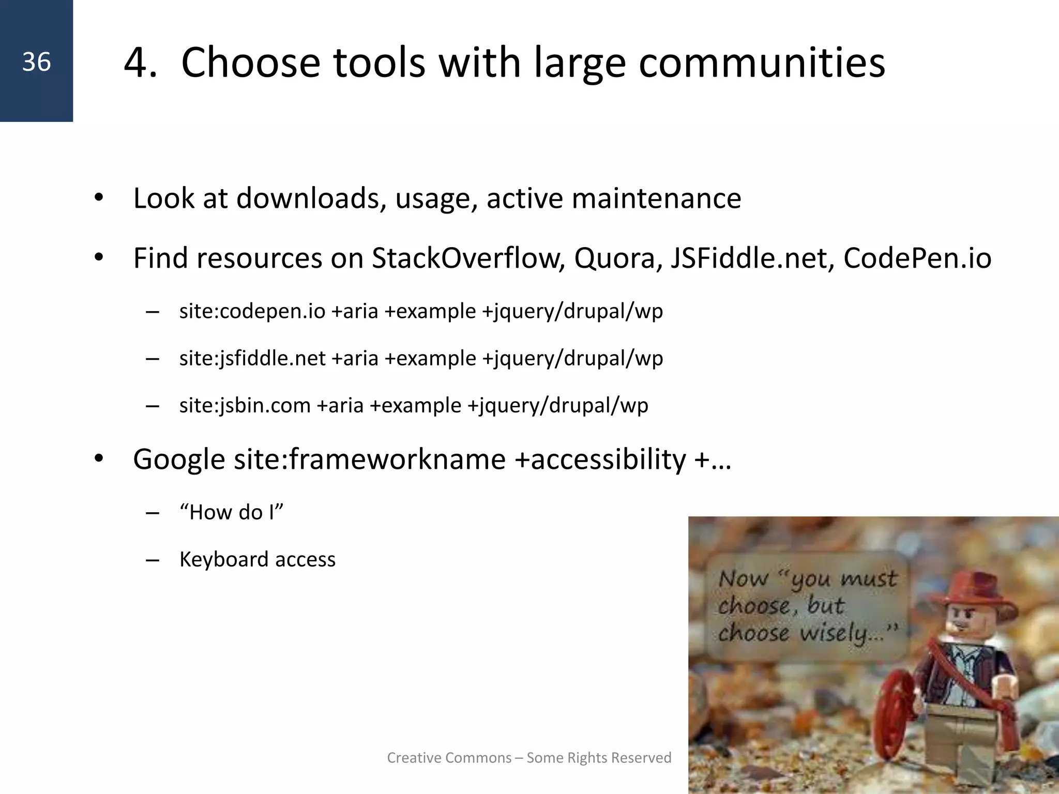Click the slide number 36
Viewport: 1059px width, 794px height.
click(36, 62)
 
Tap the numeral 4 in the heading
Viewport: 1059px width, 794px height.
click(139, 63)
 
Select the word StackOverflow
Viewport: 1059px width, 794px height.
click(468, 258)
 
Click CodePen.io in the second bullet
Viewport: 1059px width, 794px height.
click(917, 258)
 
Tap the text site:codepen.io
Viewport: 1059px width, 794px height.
click(252, 311)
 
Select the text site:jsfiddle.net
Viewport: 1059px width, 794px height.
click(252, 358)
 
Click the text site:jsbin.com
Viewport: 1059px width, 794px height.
click(245, 405)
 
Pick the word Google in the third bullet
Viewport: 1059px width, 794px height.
click(179, 459)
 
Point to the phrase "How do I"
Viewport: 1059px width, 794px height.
click(231, 512)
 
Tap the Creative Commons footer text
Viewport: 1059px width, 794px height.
click(529, 758)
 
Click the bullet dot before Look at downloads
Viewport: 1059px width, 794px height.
click(99, 198)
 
